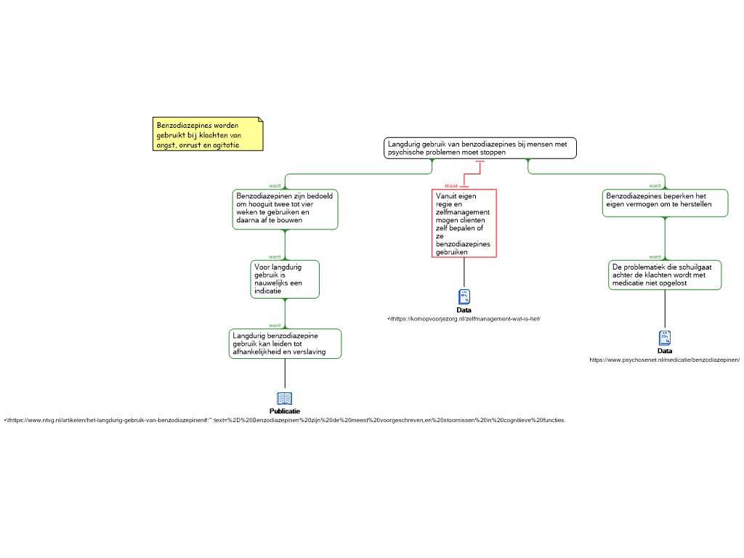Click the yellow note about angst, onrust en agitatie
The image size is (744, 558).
click(x=208, y=134)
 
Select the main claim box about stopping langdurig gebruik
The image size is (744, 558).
click(x=480, y=148)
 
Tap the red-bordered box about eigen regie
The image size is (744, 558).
click(x=464, y=223)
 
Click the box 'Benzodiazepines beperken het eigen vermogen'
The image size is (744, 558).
click(x=665, y=203)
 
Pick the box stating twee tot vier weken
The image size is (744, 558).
click(x=286, y=209)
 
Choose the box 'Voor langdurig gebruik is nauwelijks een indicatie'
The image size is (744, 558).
click(x=285, y=279)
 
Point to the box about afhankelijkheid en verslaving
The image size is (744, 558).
click(x=285, y=344)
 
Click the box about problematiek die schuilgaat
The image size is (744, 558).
click(x=665, y=275)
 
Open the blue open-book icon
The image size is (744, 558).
click(x=285, y=398)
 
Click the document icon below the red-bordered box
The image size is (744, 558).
click(x=464, y=296)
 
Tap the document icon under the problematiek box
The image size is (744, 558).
click(x=665, y=338)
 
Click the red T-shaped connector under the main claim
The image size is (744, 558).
click(x=480, y=167)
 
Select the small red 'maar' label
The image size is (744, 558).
click(x=451, y=186)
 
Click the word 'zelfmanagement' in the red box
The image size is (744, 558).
click(x=463, y=211)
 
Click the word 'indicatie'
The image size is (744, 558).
click(x=267, y=291)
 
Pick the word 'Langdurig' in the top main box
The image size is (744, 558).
click(x=404, y=144)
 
